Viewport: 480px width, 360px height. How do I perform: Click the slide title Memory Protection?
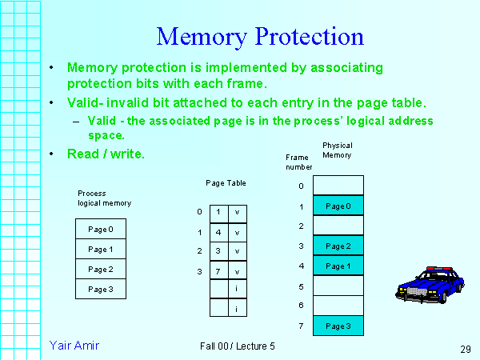260,36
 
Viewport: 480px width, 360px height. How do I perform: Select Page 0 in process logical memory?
101,230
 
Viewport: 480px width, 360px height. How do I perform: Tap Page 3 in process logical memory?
101,289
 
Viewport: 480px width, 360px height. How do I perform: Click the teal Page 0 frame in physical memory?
338,206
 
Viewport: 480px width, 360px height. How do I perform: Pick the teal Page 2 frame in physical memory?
338,246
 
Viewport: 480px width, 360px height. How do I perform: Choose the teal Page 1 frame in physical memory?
338,266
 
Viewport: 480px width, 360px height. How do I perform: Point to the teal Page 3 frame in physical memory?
338,326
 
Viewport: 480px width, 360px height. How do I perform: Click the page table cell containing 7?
218,272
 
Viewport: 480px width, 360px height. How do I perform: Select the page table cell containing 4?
218,232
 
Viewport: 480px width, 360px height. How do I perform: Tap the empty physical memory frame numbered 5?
338,286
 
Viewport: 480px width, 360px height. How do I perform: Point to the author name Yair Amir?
74,345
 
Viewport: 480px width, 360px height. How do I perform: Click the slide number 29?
466,349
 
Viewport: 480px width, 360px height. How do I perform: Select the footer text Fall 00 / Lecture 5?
238,346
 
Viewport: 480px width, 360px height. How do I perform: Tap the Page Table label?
226,183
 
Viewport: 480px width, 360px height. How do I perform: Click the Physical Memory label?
337,150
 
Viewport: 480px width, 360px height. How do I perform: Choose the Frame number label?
299,162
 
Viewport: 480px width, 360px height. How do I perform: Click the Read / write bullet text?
106,154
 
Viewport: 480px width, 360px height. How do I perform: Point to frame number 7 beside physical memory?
301,326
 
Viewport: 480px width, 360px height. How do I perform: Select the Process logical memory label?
104,198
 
